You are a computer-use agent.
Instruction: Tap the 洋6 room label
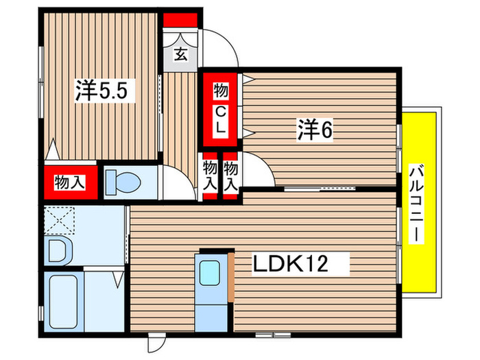(315, 130)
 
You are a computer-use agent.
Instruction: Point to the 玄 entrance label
(180, 54)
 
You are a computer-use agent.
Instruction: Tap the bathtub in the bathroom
(63, 302)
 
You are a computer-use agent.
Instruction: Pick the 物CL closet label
(220, 108)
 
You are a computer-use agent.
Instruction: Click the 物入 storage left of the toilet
(70, 182)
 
